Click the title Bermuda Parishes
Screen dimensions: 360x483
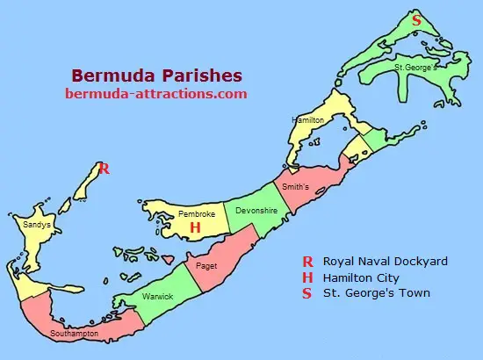point(157,76)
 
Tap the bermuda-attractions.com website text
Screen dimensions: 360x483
point(157,93)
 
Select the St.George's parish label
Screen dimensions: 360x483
point(415,67)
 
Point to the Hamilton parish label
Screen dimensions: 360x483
point(308,119)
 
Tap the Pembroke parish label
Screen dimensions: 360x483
point(197,213)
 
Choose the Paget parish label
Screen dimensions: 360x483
point(206,265)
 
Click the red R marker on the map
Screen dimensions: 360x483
point(104,169)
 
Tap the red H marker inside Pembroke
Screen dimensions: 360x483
point(196,227)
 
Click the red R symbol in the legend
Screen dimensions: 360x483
point(307,262)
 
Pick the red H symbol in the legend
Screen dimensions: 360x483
point(307,277)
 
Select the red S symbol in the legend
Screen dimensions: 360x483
point(307,293)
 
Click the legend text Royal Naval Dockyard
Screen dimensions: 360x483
point(386,262)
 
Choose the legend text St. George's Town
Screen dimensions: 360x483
point(377,293)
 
